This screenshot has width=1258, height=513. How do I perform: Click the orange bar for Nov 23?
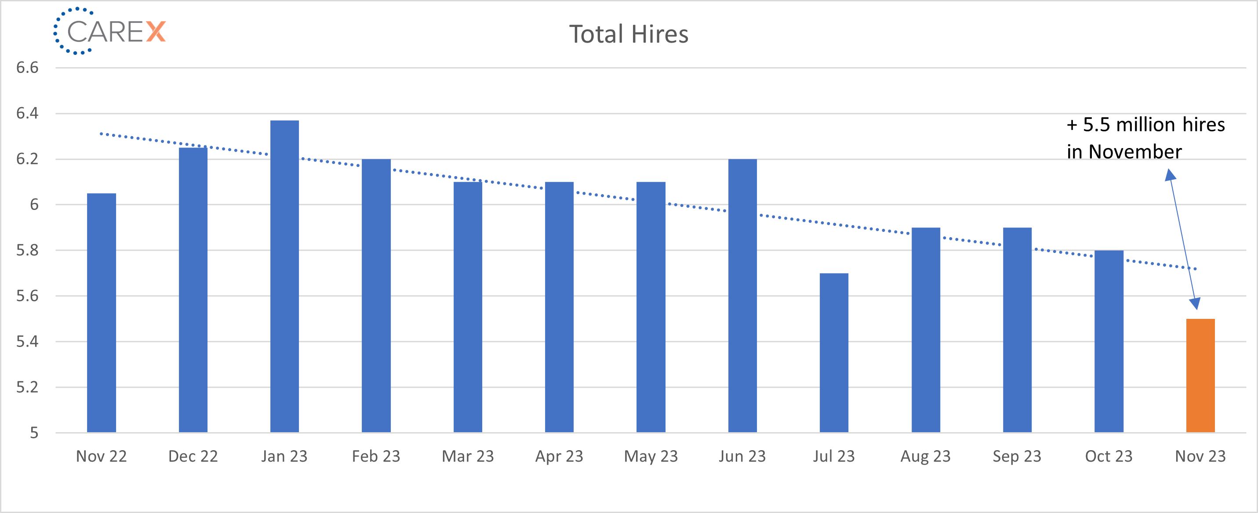pyautogui.click(x=1200, y=376)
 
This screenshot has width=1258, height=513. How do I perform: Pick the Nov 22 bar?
pyautogui.click(x=102, y=313)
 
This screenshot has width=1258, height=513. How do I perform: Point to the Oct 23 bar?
pyautogui.click(x=1109, y=341)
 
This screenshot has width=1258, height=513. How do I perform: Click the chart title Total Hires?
pyautogui.click(x=629, y=34)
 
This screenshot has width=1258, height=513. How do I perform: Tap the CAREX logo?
pyautogui.click(x=110, y=31)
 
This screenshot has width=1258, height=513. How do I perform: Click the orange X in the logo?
pyautogui.click(x=156, y=32)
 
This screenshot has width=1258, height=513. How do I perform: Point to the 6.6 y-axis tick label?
pyautogui.click(x=27, y=67)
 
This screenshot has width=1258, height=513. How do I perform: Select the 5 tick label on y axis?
pyautogui.click(x=34, y=433)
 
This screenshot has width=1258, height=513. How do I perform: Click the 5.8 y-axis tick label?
pyautogui.click(x=27, y=250)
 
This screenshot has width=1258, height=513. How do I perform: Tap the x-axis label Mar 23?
pyautogui.click(x=467, y=456)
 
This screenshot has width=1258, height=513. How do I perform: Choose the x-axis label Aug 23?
pyautogui.click(x=925, y=456)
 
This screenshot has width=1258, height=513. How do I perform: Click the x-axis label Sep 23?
pyautogui.click(x=1017, y=456)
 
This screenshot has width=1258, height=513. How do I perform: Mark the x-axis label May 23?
pyautogui.click(x=651, y=456)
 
